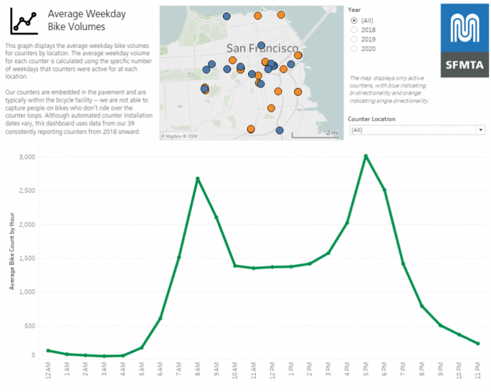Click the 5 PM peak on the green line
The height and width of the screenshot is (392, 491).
[366, 156]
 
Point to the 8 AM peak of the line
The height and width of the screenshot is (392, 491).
[198, 178]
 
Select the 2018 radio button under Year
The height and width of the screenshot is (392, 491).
[354, 29]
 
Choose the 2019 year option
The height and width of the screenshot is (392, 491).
[354, 39]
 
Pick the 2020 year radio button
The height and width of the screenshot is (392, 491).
[354, 48]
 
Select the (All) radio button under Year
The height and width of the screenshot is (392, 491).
[354, 20]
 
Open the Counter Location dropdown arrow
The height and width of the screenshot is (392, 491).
[480, 130]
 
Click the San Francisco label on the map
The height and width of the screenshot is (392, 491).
[262, 48]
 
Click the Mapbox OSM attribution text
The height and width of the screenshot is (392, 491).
[179, 135]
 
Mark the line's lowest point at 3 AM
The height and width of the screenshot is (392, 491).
[104, 356]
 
